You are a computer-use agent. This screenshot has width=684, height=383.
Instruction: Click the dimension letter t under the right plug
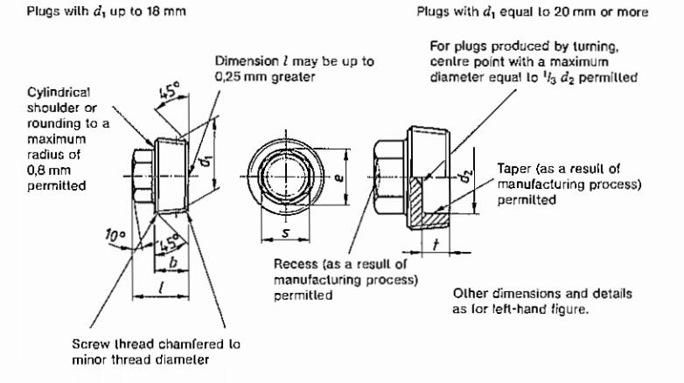435,246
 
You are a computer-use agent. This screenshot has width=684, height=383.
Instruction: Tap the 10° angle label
112,236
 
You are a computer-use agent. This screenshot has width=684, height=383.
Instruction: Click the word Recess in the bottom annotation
294,264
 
